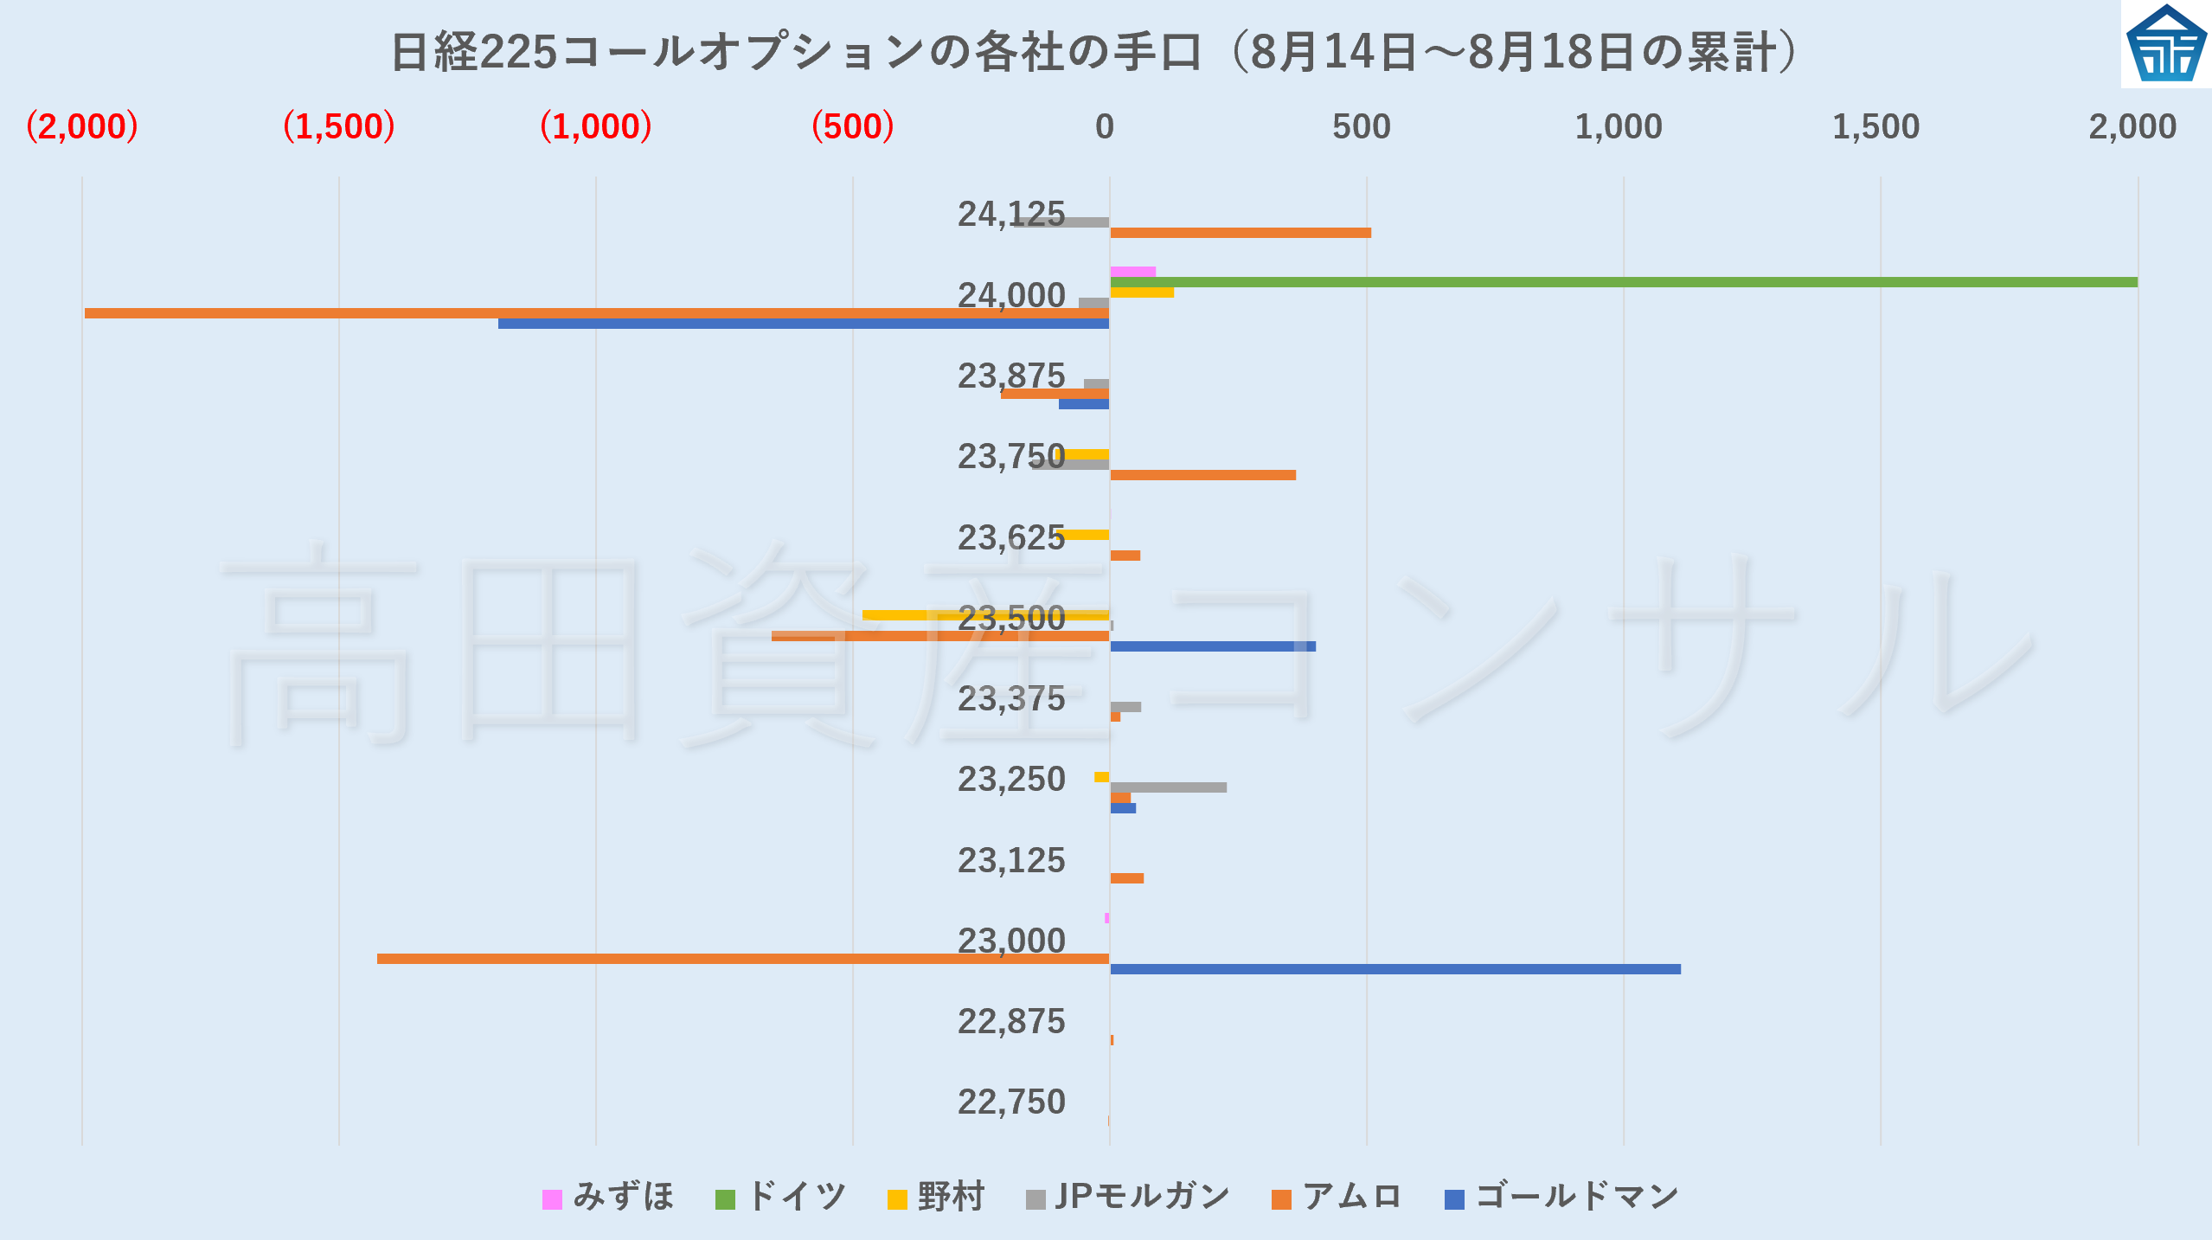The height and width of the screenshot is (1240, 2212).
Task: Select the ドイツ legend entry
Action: tap(781, 1198)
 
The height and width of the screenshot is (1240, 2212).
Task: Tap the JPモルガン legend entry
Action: tap(1128, 1198)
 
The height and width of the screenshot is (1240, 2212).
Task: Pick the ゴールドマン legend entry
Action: tap(1562, 1198)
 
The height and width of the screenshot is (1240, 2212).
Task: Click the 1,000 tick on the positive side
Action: tap(1618, 127)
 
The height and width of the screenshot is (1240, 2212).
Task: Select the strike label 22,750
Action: tap(1010, 1102)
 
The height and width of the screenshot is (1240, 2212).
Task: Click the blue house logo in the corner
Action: tap(2165, 45)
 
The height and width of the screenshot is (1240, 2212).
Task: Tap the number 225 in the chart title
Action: tap(517, 53)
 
